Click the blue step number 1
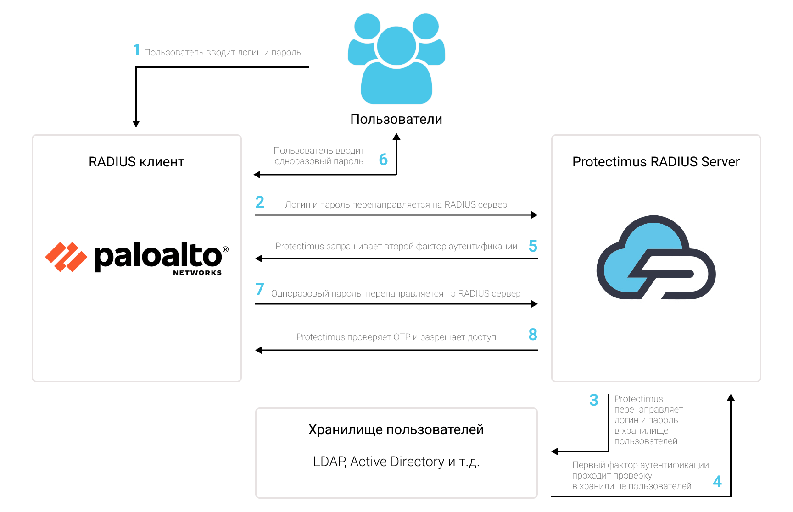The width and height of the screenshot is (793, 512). pos(136,50)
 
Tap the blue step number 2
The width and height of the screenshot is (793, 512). pos(260,202)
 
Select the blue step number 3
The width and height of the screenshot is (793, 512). pos(594,400)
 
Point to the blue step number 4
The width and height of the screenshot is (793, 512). pos(717,481)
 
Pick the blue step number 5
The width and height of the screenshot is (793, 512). pos(533,246)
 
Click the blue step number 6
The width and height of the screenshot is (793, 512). pos(383,160)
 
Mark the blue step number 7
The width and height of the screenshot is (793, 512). pos(260,289)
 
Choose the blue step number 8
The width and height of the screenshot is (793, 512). pos(533,335)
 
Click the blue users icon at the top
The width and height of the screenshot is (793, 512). pos(396,59)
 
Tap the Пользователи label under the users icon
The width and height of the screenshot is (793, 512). pos(396,119)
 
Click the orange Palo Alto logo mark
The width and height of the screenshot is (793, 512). pos(66,257)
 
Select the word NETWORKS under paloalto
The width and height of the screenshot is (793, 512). pos(197,273)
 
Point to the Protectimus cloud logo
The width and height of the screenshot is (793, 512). pos(656,257)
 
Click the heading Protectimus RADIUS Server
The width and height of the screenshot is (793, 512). pos(656,162)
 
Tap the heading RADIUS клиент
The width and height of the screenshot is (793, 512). pos(136,162)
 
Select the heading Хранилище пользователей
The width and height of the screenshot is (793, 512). pos(396,429)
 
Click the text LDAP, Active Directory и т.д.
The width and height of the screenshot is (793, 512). pos(396,462)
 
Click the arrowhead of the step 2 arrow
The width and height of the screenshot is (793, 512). pos(534,215)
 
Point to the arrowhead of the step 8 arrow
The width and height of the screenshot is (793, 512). pos(259,350)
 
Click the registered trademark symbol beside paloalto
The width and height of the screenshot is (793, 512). pos(225,249)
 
